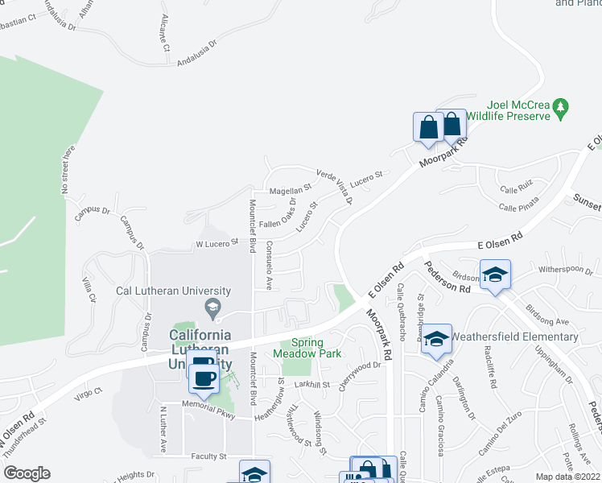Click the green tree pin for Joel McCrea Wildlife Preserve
pos(562,106)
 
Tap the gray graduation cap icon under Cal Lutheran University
pos(212,306)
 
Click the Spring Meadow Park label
pos(306,348)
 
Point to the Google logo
pos(27,473)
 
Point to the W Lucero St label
pos(217,242)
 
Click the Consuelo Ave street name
pos(270,266)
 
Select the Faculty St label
pos(209,456)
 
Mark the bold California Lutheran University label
pos(200,349)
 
